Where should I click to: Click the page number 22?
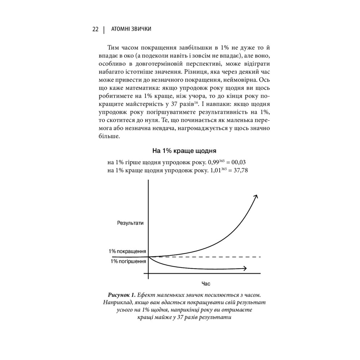point(95,29)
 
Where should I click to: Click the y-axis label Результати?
point(130,223)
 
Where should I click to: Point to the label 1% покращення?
point(127,251)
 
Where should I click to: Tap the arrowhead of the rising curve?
point(256,196)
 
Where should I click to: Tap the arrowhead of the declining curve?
point(245,268)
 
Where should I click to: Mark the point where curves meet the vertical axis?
point(148,257)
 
